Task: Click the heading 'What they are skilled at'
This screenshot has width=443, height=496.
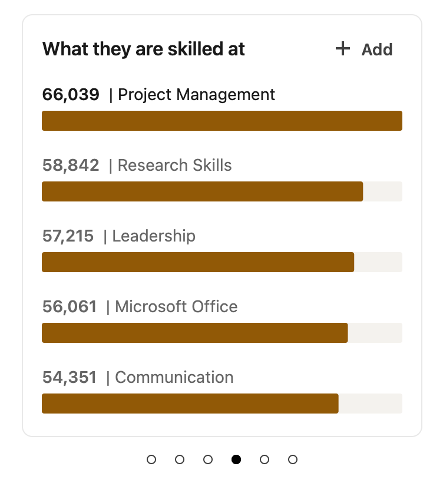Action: coord(143,49)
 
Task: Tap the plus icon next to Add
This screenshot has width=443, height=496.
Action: coord(342,49)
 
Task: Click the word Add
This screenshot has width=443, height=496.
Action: coord(377,50)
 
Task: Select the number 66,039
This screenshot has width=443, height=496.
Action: coord(71,94)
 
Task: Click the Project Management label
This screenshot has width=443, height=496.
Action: coord(197,94)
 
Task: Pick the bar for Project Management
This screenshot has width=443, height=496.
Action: coord(221,121)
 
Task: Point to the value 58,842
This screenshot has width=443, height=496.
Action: coord(71,165)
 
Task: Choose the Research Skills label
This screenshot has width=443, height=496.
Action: coord(175,165)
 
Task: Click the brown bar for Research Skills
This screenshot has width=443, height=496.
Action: coord(202,191)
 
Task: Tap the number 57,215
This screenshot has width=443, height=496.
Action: coord(68,236)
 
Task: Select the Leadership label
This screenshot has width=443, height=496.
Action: coord(154,236)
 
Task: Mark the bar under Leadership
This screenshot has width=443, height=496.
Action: coord(198,262)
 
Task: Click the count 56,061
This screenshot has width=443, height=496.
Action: coord(70,306)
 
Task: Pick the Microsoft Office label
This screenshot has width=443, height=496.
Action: coord(176,306)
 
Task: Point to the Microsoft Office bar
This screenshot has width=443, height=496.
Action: coord(194,333)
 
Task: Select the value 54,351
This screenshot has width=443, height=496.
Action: coord(70,377)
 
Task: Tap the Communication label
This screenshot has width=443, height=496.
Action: coord(174,377)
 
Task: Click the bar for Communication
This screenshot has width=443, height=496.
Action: coord(190,404)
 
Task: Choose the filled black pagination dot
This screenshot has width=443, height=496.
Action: coord(236,459)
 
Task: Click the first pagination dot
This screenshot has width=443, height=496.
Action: coord(151,459)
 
